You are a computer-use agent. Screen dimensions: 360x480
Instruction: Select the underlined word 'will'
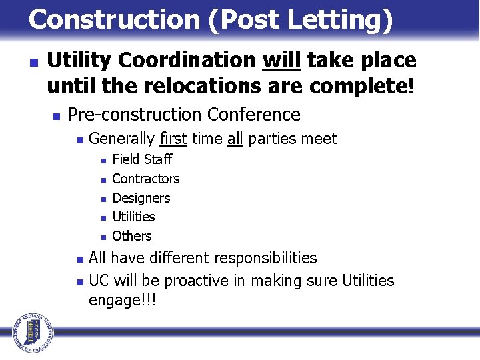282,61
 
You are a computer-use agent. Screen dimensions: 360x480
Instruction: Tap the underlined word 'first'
173,139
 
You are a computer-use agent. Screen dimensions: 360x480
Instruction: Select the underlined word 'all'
235,139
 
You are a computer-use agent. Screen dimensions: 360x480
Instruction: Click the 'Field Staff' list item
142,159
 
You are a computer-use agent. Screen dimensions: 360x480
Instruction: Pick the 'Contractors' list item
146,179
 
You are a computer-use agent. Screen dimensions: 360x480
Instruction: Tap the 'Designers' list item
141,198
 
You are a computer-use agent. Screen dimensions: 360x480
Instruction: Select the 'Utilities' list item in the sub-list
133,217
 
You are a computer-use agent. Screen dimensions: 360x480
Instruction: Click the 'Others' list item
132,236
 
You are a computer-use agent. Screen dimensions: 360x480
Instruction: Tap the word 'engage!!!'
122,301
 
